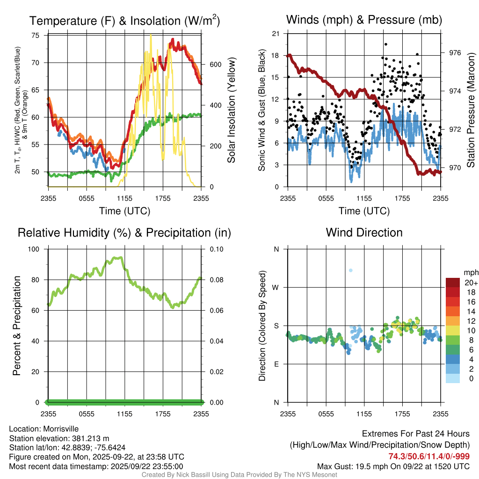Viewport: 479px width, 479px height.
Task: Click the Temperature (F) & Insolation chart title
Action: click(x=125, y=21)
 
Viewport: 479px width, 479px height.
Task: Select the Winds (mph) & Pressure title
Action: click(x=364, y=20)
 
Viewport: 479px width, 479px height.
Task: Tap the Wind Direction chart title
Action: click(x=364, y=232)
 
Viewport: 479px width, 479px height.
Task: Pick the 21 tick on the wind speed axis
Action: click(x=276, y=34)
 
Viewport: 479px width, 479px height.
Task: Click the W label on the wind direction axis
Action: click(x=276, y=287)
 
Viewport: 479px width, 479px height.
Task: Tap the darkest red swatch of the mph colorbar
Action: click(x=452, y=282)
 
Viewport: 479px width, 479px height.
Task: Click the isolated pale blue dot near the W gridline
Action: click(x=350, y=270)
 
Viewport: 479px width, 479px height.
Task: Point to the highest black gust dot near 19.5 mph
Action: click(x=385, y=44)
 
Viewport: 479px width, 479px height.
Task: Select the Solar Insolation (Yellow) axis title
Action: click(x=231, y=110)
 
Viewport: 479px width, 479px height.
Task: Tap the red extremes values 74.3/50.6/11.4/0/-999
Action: click(x=429, y=457)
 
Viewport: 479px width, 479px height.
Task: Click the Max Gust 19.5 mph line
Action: click(x=393, y=466)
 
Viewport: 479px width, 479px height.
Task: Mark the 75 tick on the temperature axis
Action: click(x=36, y=35)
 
